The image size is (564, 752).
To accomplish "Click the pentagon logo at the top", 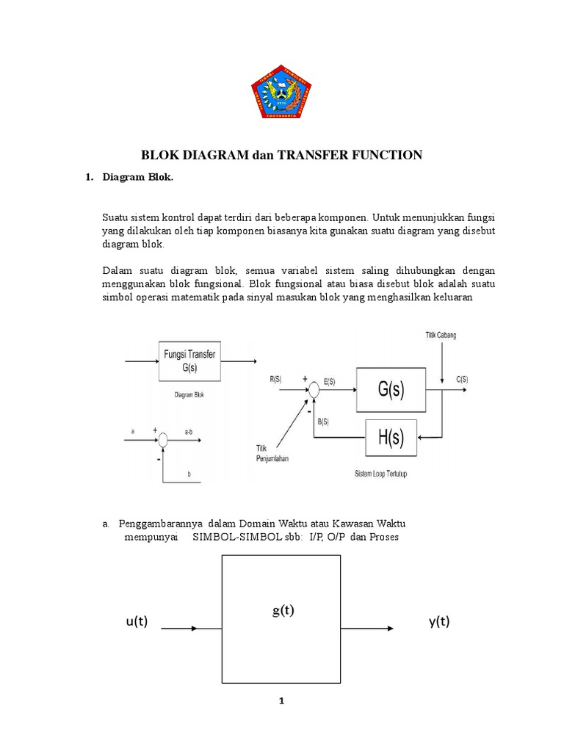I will click(x=281, y=91).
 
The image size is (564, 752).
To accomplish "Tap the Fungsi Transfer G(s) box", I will click(x=190, y=361).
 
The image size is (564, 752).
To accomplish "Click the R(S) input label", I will click(x=275, y=379).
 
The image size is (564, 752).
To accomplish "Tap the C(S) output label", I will click(x=462, y=379).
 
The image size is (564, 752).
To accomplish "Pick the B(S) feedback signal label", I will click(x=324, y=422).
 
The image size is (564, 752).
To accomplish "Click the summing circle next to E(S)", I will click(x=314, y=391).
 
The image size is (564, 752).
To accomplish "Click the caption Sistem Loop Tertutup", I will click(x=380, y=474).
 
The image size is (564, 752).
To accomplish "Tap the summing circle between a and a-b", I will click(x=163, y=440).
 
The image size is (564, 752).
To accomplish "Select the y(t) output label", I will click(x=439, y=622).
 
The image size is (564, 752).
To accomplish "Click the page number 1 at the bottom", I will click(x=281, y=701).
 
